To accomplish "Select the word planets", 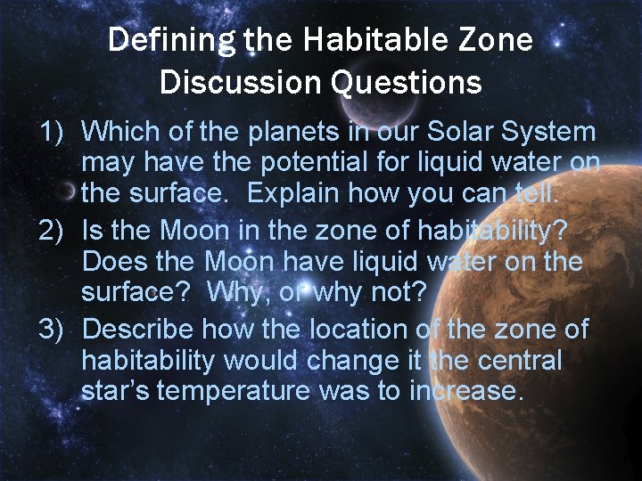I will coord(279,132).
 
